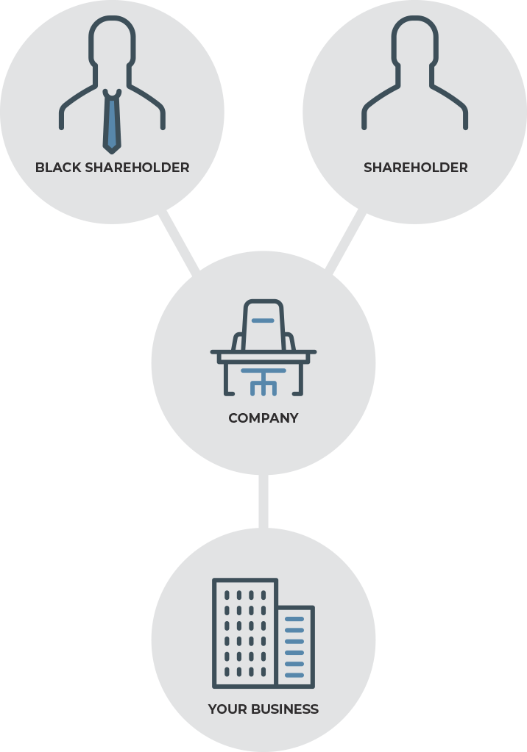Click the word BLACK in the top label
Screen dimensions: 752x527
pyautogui.click(x=58, y=168)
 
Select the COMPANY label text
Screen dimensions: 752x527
pyautogui.click(x=263, y=418)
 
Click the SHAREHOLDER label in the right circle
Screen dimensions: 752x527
pyautogui.click(x=415, y=168)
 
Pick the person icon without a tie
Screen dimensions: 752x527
pyautogui.click(x=415, y=74)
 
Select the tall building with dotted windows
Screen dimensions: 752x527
pyautogui.click(x=244, y=633)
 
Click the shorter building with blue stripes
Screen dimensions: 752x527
pyautogui.click(x=296, y=647)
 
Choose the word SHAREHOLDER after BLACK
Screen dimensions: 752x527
pyautogui.click(x=137, y=168)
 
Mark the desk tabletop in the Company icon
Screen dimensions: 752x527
pyautogui.click(x=263, y=354)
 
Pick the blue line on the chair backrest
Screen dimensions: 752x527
pyautogui.click(x=263, y=321)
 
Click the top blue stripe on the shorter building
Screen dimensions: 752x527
pyautogui.click(x=294, y=620)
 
